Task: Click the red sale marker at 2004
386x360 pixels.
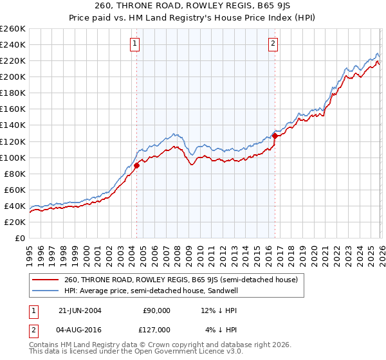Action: point(137,165)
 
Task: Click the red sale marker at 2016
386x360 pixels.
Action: point(275,136)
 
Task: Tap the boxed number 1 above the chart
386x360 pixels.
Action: point(135,44)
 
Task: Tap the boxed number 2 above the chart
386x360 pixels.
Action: point(273,44)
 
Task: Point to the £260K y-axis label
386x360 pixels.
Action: point(12,29)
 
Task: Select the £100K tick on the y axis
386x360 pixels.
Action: point(12,157)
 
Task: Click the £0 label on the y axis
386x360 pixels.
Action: point(19,238)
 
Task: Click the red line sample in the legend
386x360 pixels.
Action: point(46,280)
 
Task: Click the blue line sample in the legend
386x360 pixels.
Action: point(46,291)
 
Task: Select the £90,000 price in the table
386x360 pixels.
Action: point(156,310)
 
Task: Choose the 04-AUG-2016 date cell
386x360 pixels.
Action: point(77,329)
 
